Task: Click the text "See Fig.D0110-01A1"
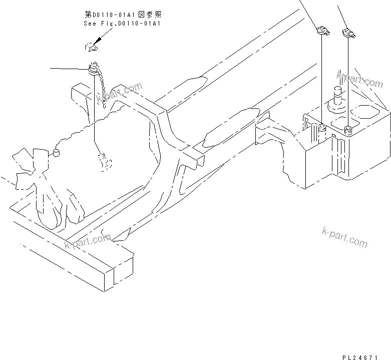[x=123, y=24]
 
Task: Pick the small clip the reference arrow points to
[x=90, y=47]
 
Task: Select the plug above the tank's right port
[x=348, y=34]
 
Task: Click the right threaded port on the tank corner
[x=348, y=131]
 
